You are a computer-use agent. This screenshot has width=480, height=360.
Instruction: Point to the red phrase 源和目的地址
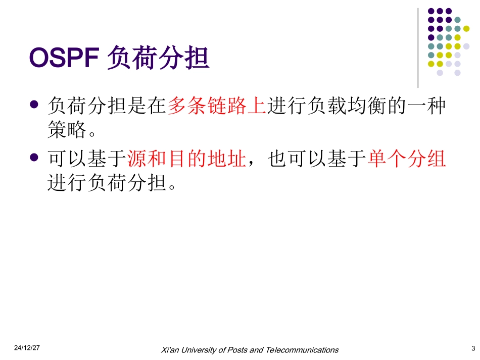click(x=186, y=160)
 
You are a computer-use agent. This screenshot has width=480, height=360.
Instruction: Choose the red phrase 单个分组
click(x=407, y=160)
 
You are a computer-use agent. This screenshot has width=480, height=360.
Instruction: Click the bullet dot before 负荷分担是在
click(x=34, y=105)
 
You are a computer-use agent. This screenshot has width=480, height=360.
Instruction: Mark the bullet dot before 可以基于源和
click(x=34, y=158)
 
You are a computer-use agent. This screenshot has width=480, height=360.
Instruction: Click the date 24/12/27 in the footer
click(x=27, y=348)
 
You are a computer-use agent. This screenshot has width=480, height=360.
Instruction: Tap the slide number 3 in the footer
click(x=473, y=348)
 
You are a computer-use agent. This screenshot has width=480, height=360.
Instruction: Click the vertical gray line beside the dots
click(x=418, y=48)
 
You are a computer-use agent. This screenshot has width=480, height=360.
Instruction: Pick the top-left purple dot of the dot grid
click(x=431, y=11)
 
